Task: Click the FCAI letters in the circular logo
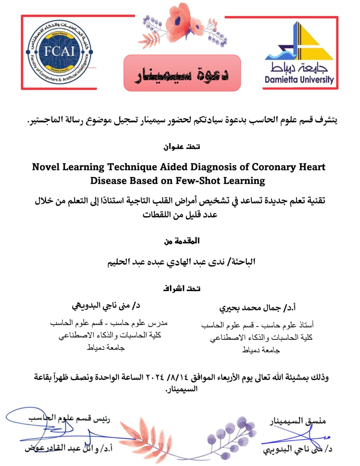(59, 51)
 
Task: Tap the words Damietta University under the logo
(299, 80)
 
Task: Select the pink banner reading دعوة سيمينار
(182, 73)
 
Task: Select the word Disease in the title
(107, 181)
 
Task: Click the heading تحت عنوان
(182, 147)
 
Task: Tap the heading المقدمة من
(182, 241)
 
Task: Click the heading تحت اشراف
(182, 288)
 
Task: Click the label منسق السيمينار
(297, 421)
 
